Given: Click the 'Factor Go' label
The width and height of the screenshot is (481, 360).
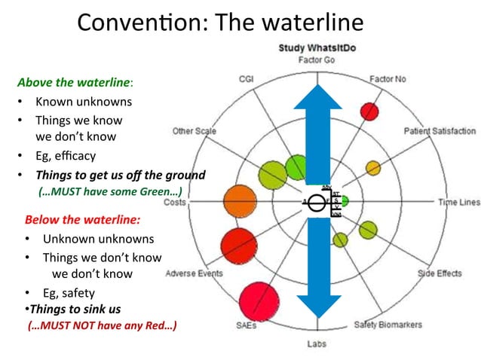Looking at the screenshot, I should point(316,60).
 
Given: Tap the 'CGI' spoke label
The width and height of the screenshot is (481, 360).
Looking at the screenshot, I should point(246,78).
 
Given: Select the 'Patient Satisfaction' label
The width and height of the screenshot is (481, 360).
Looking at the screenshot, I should point(440,130).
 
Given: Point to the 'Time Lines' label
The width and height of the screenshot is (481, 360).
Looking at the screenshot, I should point(458,202).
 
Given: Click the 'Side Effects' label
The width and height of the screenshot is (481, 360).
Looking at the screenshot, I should point(440,273).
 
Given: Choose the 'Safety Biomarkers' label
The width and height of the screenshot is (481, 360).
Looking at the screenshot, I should point(388,325).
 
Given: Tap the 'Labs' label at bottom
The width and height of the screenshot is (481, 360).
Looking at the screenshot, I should point(316,344).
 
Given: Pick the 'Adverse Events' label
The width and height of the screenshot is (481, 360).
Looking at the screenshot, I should point(194,273).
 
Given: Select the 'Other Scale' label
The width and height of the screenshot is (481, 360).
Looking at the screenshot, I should point(194,131).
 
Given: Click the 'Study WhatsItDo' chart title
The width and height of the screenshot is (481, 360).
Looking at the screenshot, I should point(316,48).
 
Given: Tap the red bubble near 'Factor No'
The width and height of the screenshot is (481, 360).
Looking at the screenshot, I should point(369,111).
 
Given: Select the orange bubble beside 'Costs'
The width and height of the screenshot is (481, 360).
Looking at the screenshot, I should point(239,201).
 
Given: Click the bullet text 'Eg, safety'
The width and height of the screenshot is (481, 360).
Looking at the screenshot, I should point(69,293).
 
